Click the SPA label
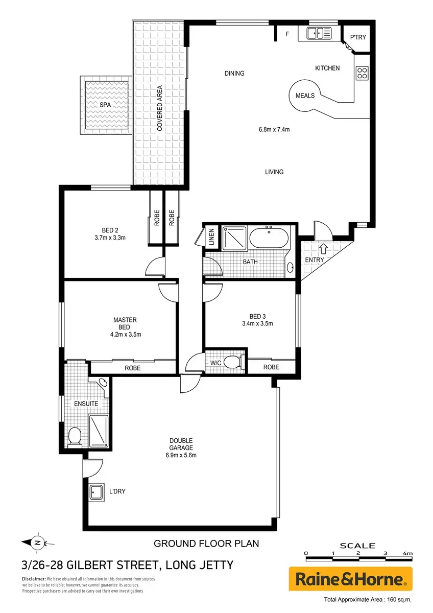105,105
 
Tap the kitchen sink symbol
319,33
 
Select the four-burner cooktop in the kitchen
362,73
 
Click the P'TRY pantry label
358,37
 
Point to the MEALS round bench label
305,96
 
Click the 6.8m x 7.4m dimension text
274,129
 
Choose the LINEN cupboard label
212,237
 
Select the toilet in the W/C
234,362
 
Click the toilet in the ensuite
75,437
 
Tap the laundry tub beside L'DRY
97,492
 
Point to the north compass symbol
38,543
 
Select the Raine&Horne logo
350,579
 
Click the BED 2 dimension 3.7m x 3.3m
110,238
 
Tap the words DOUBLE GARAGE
181,444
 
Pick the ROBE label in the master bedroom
132,368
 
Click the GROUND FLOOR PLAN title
206,544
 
